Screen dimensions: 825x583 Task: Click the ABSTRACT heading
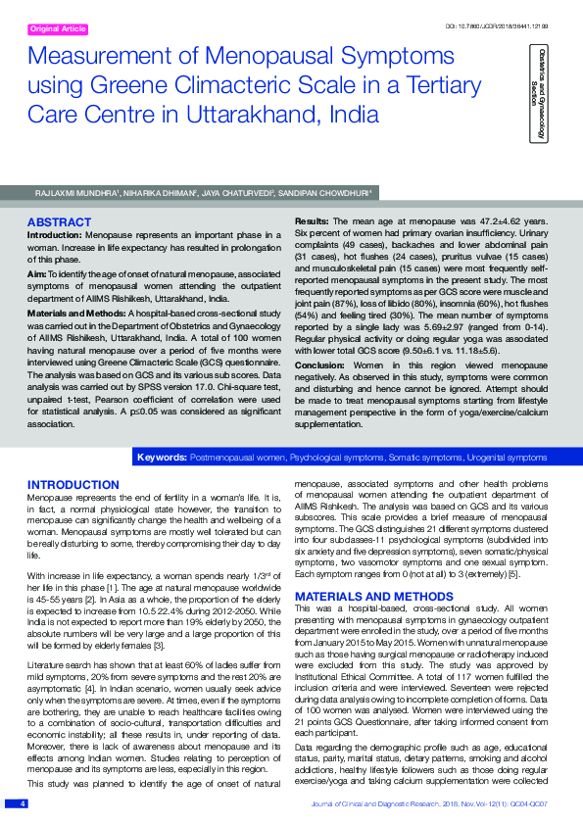click(x=59, y=222)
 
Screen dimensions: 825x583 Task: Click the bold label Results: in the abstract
click(x=313, y=222)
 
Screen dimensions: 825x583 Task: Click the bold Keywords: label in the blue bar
click(x=162, y=457)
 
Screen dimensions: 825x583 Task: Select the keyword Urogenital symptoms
click(x=503, y=457)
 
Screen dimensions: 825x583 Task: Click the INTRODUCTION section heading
click(x=73, y=485)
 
